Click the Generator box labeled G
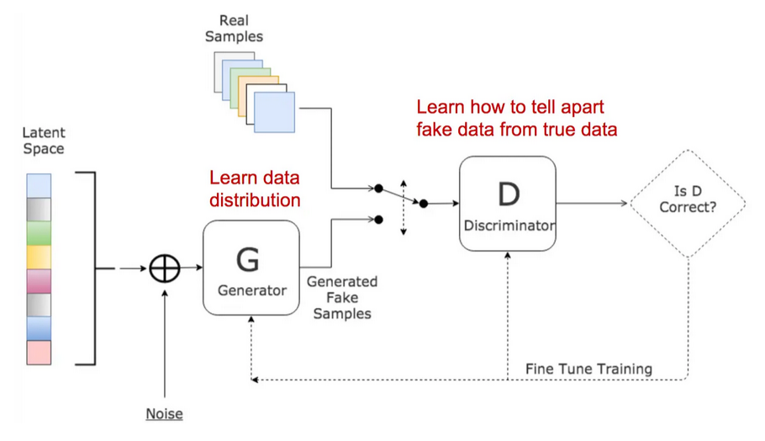click(x=251, y=268)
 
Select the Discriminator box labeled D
click(x=507, y=203)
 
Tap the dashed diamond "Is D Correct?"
click(x=688, y=203)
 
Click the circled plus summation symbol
click(x=165, y=268)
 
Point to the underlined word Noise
click(x=164, y=414)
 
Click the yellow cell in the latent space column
click(x=40, y=257)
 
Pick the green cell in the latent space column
click(x=40, y=232)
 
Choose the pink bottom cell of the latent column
click(x=40, y=353)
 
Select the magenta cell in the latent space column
click(x=40, y=281)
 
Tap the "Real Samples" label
click(x=235, y=29)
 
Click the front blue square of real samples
click(x=275, y=113)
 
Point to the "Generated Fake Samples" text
click(x=341, y=297)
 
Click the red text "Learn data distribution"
click(x=255, y=189)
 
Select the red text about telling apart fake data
click(x=517, y=119)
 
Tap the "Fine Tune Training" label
click(x=588, y=369)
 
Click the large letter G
click(x=248, y=259)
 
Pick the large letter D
click(x=508, y=194)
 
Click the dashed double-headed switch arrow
click(x=404, y=205)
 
